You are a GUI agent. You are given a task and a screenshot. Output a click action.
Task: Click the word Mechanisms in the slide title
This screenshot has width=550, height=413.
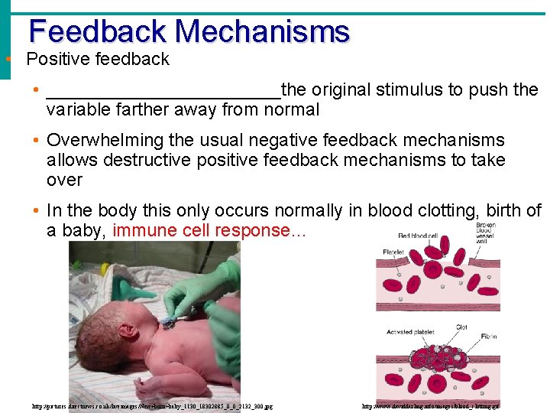coord(261,31)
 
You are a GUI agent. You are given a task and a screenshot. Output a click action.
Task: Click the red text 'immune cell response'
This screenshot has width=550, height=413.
coord(202,230)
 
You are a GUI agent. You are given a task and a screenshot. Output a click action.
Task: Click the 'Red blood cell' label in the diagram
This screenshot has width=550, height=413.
coord(422,236)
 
